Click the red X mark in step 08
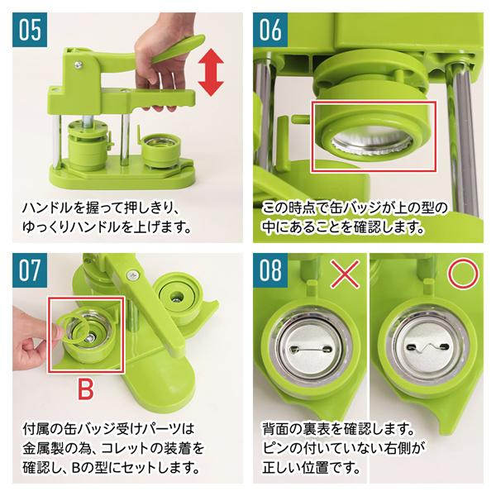341,276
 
